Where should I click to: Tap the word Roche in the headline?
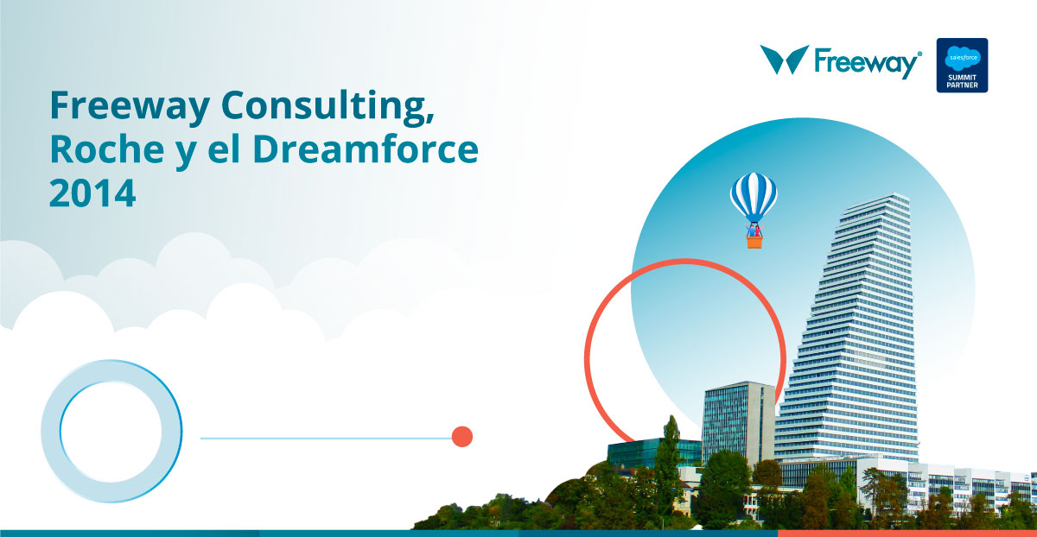point(107,149)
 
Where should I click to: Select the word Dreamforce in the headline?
point(366,149)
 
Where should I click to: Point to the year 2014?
point(92,193)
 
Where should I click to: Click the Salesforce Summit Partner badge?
point(962,66)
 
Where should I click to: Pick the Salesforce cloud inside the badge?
point(963,57)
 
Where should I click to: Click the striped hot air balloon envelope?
point(754,197)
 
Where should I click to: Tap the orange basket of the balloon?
point(754,243)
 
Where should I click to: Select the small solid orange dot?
point(462,437)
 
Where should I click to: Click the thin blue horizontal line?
point(326,438)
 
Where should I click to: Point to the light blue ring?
point(50,431)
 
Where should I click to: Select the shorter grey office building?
point(738,421)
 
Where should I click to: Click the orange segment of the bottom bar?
point(907,534)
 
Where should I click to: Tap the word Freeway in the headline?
point(130,107)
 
